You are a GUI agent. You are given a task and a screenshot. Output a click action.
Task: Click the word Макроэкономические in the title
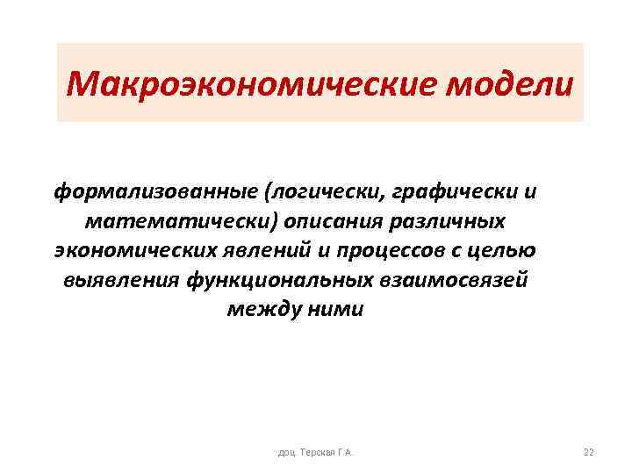pos(255,85)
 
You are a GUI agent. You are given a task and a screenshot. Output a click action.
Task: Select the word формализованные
pos(149,190)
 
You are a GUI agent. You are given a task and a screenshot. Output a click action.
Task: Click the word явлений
pos(265,250)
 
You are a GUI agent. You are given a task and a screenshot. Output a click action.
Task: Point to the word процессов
pos(384,250)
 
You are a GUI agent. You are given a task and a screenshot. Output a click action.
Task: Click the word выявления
pos(120,280)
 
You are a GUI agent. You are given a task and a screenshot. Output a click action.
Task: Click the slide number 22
pos(588,452)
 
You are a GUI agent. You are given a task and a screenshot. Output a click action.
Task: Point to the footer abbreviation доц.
pos(286,453)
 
